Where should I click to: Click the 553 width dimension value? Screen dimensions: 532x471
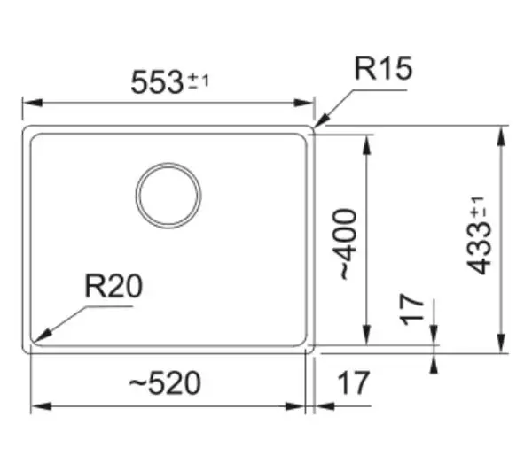pos(157,82)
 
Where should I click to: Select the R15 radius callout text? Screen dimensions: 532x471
pos(383,68)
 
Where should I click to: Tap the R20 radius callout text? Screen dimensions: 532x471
pos(113,286)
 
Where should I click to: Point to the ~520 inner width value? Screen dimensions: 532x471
pos(165,382)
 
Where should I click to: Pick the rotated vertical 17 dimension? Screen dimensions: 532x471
pos(412,310)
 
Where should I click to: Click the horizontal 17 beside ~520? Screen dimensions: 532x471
pos(353,382)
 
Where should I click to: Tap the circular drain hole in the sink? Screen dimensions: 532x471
pos(168,164)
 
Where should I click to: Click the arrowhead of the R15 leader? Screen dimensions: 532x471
pos(322,121)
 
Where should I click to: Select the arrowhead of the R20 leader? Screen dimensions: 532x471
pos(42,336)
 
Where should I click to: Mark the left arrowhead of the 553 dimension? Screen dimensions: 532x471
pos(33,103)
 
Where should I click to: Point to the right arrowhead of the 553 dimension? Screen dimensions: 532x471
pos(304,103)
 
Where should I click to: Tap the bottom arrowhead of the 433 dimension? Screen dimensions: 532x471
pos(502,344)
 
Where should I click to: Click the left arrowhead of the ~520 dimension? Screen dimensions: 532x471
pos(41,406)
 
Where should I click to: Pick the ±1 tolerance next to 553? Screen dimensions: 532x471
pos(199,81)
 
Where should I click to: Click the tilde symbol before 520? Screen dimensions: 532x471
pos(137,382)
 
